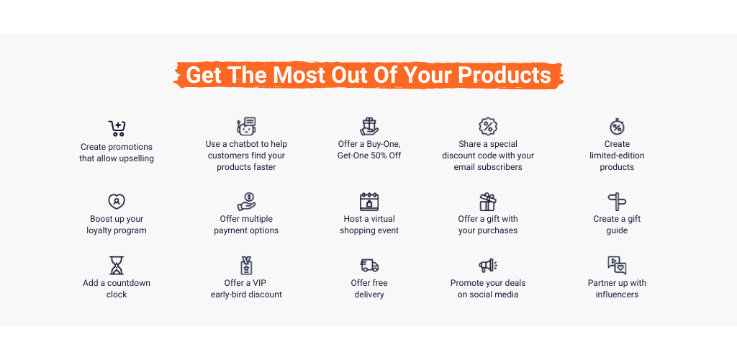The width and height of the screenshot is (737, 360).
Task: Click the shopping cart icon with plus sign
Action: pyautogui.click(x=117, y=128)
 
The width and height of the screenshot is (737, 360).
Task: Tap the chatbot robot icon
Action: pyautogui.click(x=246, y=127)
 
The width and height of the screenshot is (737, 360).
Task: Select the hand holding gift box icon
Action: pyautogui.click(x=369, y=127)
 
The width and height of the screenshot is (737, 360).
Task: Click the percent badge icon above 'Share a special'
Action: pyautogui.click(x=488, y=127)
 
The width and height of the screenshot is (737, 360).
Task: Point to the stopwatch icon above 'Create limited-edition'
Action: pyautogui.click(x=617, y=127)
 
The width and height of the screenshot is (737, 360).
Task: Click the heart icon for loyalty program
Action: pyautogui.click(x=117, y=201)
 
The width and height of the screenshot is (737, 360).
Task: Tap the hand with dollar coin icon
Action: pyautogui.click(x=246, y=201)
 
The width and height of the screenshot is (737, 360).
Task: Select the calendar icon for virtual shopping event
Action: pyautogui.click(x=369, y=201)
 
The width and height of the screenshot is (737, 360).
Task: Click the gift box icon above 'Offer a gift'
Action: pyautogui.click(x=488, y=202)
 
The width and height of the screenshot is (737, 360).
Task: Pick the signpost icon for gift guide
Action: pyautogui.click(x=617, y=202)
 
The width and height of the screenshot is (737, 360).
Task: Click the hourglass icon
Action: pyautogui.click(x=117, y=265)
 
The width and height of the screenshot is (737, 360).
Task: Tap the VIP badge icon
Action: pyautogui.click(x=246, y=265)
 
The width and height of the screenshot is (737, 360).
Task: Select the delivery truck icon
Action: pyautogui.click(x=369, y=266)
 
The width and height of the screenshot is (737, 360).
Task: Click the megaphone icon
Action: pyautogui.click(x=488, y=266)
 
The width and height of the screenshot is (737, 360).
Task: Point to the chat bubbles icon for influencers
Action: pyautogui.click(x=617, y=265)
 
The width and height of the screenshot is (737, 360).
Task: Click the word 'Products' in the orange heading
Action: pyautogui.click(x=505, y=75)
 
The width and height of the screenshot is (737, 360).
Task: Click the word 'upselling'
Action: pyautogui.click(x=136, y=158)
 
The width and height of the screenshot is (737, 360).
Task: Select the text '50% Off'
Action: pyautogui.click(x=386, y=156)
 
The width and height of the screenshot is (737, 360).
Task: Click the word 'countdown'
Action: pyautogui.click(x=129, y=283)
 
